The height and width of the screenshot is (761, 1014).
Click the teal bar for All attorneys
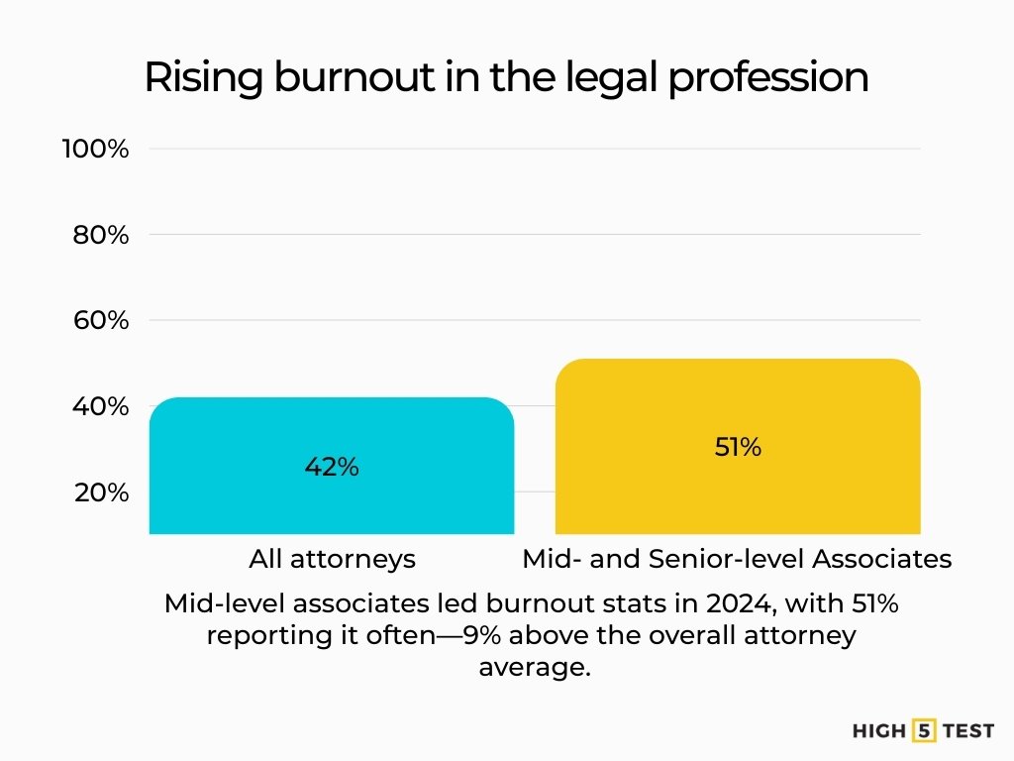pyautogui.click(x=331, y=495)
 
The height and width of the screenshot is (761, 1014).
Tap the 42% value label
pyautogui.click(x=332, y=467)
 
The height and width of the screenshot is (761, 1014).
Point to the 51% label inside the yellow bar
pyautogui.click(x=738, y=447)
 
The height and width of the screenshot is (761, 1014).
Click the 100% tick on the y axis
pyautogui.click(x=95, y=150)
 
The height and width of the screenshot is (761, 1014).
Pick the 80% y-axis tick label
pyautogui.click(x=100, y=235)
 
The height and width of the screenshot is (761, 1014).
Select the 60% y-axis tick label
pyautogui.click(x=100, y=321)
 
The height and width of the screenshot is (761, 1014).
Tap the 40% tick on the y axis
pyautogui.click(x=100, y=406)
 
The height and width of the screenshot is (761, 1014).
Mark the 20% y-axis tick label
pyautogui.click(x=101, y=492)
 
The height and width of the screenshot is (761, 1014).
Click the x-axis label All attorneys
pyautogui.click(x=332, y=559)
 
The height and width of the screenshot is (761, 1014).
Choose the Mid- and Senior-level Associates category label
pyautogui.click(x=737, y=559)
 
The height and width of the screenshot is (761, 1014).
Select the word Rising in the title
pyautogui.click(x=203, y=78)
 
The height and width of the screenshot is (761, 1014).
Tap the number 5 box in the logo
pyautogui.click(x=926, y=731)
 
